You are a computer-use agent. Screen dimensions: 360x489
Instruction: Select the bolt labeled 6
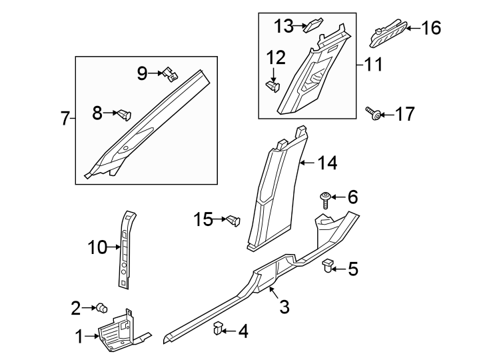[x=324, y=197]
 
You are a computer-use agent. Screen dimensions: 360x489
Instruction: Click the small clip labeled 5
[x=328, y=268]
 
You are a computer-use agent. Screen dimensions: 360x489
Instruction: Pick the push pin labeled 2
[x=103, y=307]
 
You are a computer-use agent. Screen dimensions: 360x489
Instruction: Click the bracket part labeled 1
[x=120, y=331]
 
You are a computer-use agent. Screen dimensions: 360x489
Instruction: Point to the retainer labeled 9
[x=171, y=74]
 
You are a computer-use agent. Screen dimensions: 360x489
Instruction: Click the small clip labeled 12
[x=272, y=86]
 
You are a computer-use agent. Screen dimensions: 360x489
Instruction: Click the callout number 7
[x=65, y=119]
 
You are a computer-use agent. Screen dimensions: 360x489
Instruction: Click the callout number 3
[x=284, y=307]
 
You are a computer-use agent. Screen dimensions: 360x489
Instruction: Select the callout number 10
[x=97, y=248]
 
